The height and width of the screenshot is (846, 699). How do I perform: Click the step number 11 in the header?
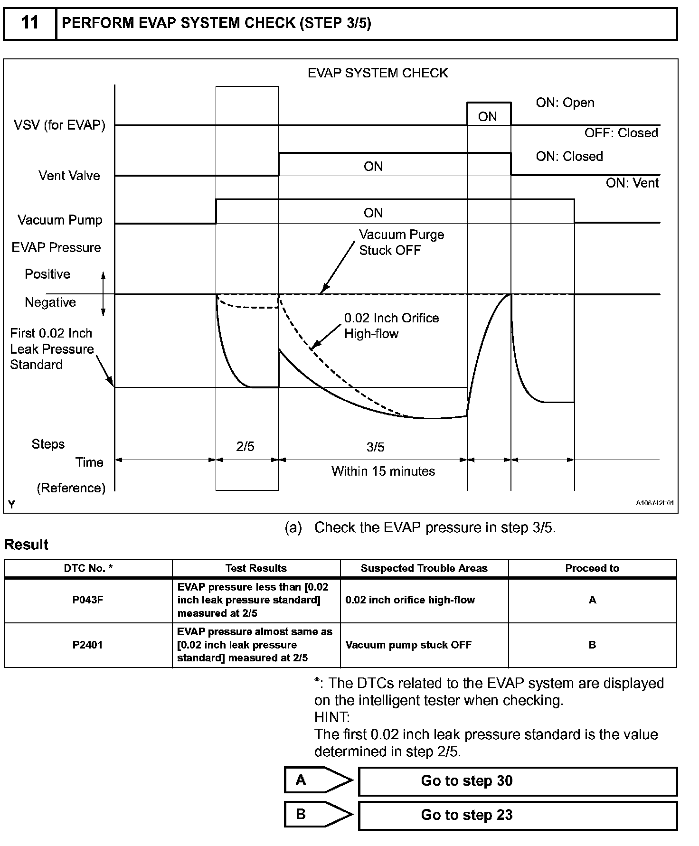tap(30, 22)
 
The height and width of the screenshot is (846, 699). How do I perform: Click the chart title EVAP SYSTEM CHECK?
tap(378, 73)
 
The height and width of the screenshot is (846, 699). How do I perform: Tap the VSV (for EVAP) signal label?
tap(59, 125)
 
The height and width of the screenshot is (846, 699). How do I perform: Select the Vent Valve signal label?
tap(69, 176)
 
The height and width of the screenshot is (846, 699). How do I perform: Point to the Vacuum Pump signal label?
tap(60, 220)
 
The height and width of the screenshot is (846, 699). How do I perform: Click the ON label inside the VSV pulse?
tap(487, 117)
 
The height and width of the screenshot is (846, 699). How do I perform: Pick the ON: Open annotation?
tap(565, 103)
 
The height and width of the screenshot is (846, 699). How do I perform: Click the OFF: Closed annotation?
tap(621, 133)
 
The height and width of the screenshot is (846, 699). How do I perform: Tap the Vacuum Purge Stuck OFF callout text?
tap(401, 242)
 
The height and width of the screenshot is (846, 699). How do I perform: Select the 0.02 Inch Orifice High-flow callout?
tap(391, 326)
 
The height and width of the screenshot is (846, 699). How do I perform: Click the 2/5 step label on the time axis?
tap(246, 447)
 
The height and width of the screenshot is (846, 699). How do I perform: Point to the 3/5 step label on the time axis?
tap(375, 447)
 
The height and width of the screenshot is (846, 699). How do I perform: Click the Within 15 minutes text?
tap(383, 471)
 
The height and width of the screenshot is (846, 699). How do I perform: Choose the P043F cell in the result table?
tap(88, 600)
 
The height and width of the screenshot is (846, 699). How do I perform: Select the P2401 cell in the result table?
tap(88, 645)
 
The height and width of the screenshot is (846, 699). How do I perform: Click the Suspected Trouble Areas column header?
tap(424, 568)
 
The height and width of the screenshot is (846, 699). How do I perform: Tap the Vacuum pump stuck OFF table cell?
tap(408, 645)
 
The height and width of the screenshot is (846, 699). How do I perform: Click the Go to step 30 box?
tap(518, 781)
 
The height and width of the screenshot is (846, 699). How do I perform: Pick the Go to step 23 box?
tap(518, 815)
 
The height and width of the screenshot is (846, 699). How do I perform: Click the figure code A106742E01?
tap(654, 503)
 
